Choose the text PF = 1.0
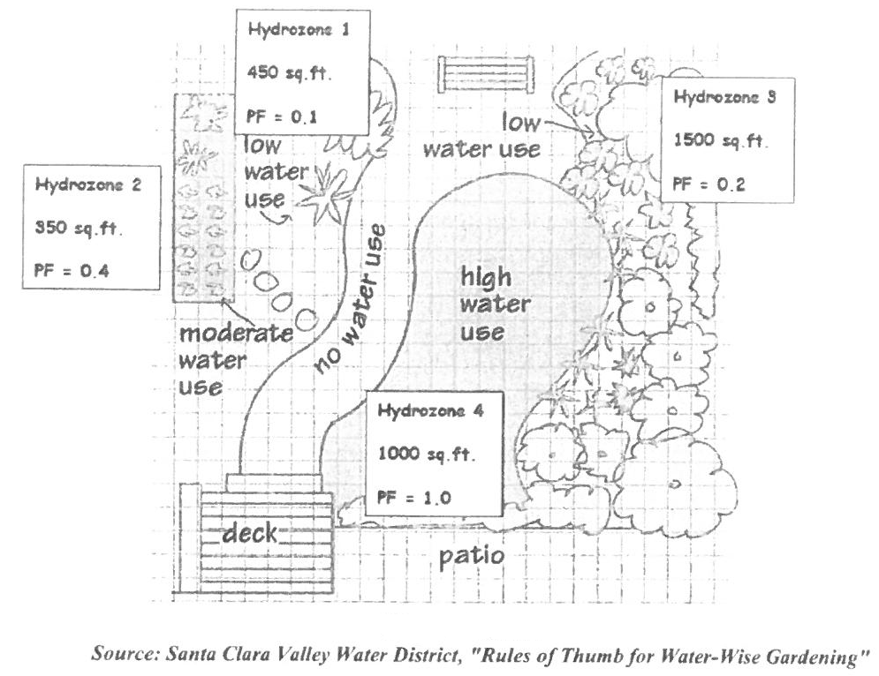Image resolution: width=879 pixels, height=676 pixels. pyautogui.click(x=413, y=497)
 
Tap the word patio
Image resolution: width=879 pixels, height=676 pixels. pyautogui.click(x=472, y=556)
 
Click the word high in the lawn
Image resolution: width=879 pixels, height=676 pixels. pyautogui.click(x=486, y=278)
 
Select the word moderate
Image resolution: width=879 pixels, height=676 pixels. pyautogui.click(x=235, y=335)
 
